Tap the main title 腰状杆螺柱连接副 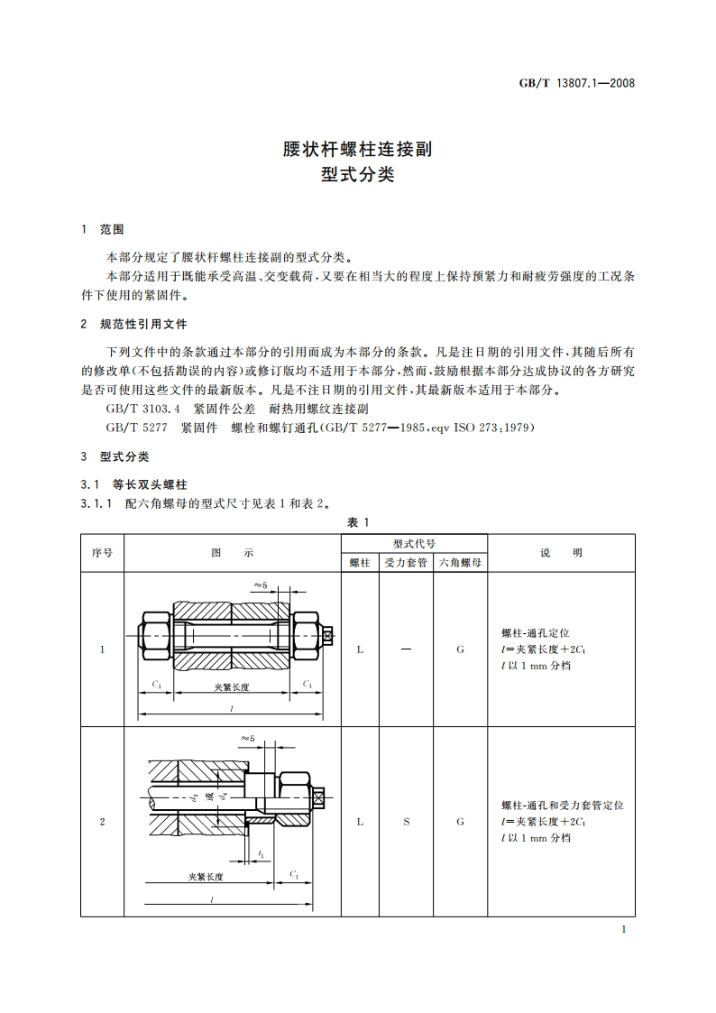(x=358, y=149)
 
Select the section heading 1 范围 (x=103, y=230)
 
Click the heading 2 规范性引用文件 (x=133, y=324)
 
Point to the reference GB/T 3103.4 (x=135, y=409)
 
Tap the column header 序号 (x=102, y=553)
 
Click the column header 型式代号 (x=414, y=544)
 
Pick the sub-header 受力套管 (x=406, y=562)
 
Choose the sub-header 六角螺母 (x=460, y=562)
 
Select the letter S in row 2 (x=406, y=822)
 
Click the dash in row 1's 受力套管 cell (x=406, y=649)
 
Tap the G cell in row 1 (x=460, y=649)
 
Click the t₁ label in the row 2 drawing (x=261, y=853)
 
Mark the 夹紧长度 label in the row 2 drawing (x=206, y=876)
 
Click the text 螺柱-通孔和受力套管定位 (x=562, y=805)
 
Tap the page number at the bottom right (x=624, y=930)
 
